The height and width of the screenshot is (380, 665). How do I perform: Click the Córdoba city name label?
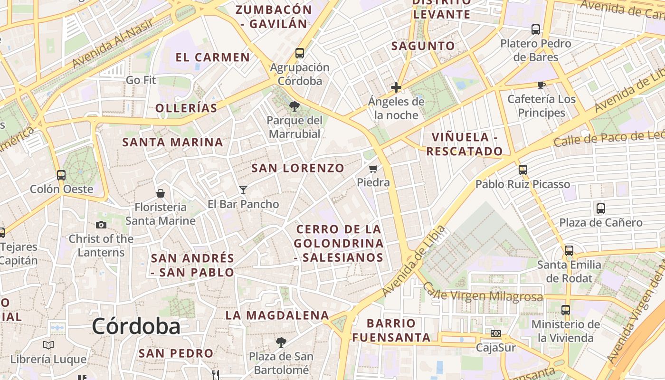[x=136, y=327]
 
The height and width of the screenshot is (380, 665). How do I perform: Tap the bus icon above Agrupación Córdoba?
[x=299, y=53]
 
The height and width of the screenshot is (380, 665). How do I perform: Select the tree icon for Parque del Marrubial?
[x=294, y=106]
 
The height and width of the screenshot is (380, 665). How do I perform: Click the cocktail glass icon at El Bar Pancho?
[x=243, y=190]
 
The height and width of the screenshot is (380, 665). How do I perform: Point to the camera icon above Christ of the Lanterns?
[x=101, y=225]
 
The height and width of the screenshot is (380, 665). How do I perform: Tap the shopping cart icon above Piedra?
[x=373, y=169]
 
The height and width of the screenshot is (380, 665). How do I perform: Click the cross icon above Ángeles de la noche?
[x=396, y=87]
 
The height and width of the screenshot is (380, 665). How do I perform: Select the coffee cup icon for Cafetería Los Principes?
[x=541, y=85]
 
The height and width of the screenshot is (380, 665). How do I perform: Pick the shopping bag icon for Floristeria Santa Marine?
[x=161, y=193]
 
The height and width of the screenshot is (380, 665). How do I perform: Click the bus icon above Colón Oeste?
[x=61, y=175]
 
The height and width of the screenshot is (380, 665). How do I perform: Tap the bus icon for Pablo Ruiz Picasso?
[x=522, y=170]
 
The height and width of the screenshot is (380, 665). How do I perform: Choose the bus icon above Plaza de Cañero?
[x=600, y=208]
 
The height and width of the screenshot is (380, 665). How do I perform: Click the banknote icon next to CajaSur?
[x=496, y=333]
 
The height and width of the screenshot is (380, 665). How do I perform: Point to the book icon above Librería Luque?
[x=48, y=345]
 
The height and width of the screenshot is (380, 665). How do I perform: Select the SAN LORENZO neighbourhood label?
[x=297, y=168]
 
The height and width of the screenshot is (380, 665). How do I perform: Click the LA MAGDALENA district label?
[x=277, y=315]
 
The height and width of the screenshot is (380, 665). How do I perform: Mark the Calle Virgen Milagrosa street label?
[x=482, y=294]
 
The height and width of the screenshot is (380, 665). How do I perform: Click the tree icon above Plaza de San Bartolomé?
[x=281, y=342]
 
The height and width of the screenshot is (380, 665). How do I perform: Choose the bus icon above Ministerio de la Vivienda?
[x=565, y=310]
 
